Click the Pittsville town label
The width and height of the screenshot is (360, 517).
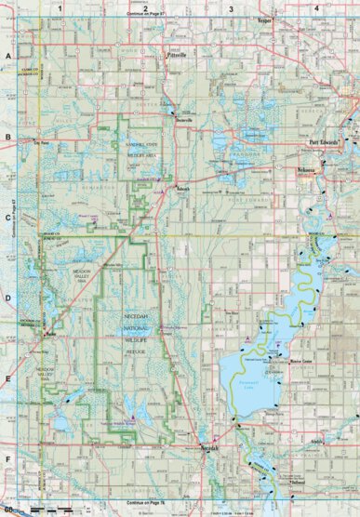pos(176,55)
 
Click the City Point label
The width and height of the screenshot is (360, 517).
pos(40,143)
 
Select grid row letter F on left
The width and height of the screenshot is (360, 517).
pos(7,459)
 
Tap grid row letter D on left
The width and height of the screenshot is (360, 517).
pos(7,298)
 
